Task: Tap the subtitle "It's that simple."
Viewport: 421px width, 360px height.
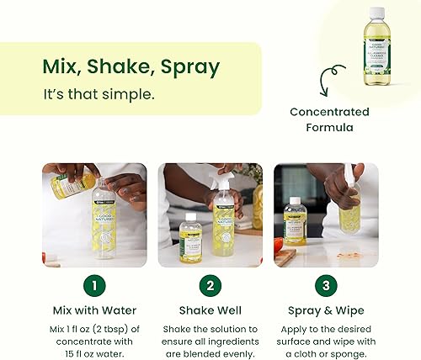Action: (99, 94)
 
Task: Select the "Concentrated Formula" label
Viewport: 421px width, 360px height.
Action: (329, 119)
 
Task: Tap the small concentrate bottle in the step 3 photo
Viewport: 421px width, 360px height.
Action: (294, 221)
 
